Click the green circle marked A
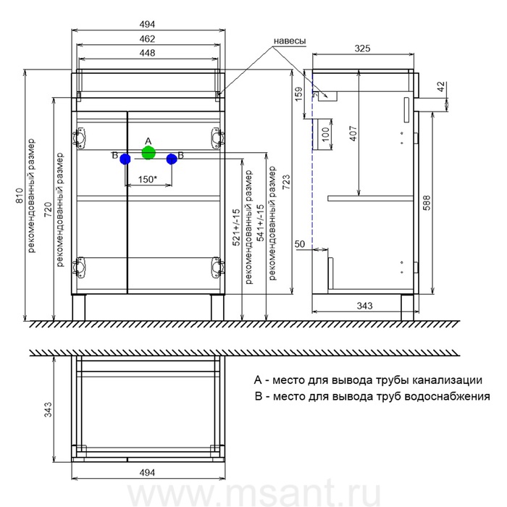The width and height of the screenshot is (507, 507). point(148,153)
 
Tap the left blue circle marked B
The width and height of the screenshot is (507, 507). point(125,159)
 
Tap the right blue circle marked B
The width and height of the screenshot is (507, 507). point(172,159)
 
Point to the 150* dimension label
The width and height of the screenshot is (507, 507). point(148,179)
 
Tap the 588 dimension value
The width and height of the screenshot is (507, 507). point(424,204)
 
